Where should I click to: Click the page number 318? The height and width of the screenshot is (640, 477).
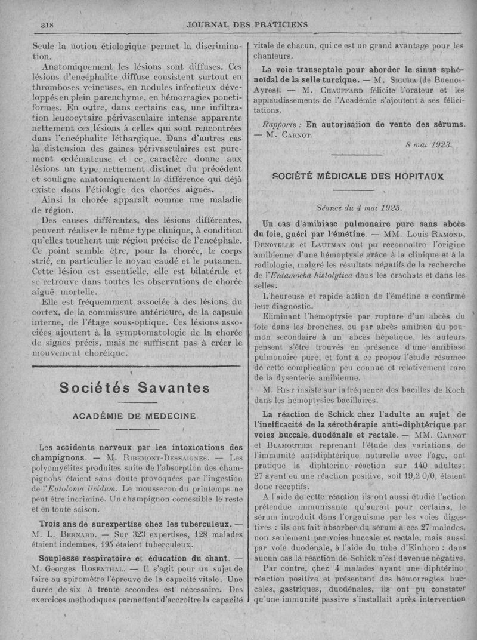47,25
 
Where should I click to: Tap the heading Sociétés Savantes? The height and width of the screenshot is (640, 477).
135,388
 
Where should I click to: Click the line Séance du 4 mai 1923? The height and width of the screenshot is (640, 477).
359,208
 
